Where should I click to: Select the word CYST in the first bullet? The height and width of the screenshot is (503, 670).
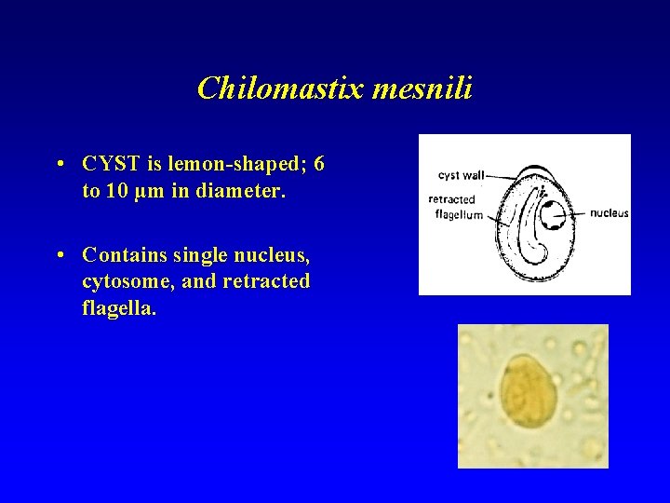[110, 165]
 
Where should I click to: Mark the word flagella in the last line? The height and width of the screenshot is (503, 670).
[118, 307]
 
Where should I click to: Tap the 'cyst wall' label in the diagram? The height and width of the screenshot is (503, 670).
[461, 175]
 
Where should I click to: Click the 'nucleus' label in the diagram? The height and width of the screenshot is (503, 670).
[610, 213]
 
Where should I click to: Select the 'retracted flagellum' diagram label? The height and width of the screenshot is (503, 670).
[455, 206]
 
